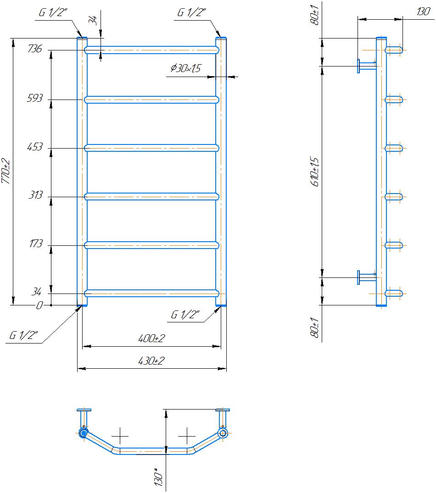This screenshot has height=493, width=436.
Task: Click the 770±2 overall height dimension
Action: (x=6, y=172)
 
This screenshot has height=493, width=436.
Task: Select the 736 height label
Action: (x=35, y=49)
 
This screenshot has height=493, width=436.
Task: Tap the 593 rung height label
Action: (x=34, y=98)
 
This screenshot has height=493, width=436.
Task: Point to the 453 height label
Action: (x=34, y=146)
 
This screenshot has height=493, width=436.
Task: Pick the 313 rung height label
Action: (x=35, y=195)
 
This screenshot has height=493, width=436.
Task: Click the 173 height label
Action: (x=36, y=244)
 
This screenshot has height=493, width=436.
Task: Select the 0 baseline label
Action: (x=39, y=305)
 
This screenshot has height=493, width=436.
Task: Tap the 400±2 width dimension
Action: (x=151, y=338)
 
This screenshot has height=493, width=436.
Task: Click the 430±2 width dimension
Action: (x=151, y=360)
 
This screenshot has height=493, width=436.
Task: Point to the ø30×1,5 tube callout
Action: (x=185, y=68)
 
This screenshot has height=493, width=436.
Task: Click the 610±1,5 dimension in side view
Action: (x=315, y=172)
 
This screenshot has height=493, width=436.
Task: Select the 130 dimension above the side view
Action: (x=423, y=11)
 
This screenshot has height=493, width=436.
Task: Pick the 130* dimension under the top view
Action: (x=158, y=477)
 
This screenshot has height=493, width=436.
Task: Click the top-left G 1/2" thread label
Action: (x=53, y=12)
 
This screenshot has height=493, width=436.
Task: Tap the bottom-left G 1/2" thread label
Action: (x=23, y=335)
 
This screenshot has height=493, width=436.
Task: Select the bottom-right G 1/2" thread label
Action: (x=185, y=315)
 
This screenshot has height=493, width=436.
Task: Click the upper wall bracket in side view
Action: (x=367, y=66)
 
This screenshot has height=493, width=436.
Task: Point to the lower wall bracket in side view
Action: (x=367, y=277)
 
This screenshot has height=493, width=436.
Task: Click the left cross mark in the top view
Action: (x=120, y=437)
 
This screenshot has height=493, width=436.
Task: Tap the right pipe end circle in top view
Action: (x=223, y=433)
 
